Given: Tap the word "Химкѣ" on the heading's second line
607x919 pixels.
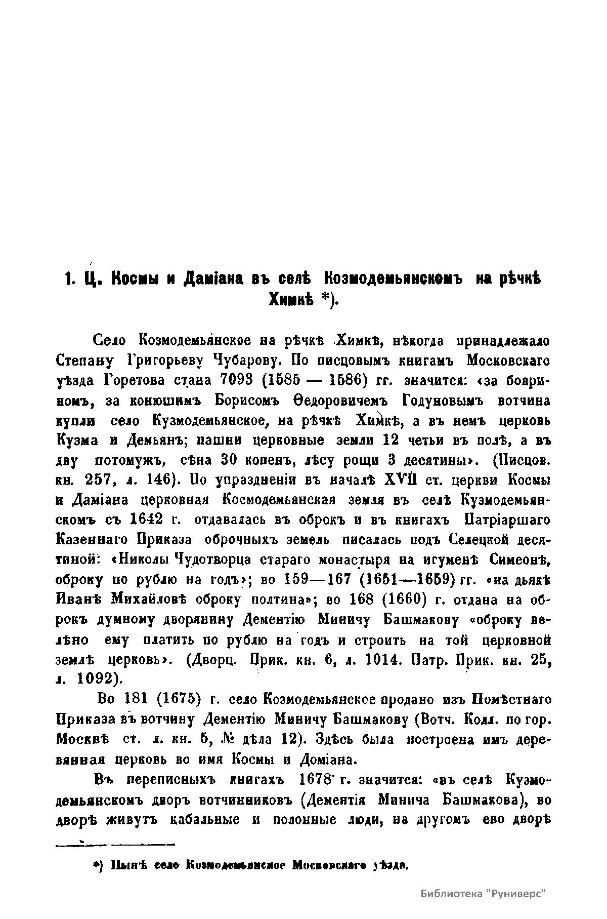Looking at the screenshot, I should pos(289,301).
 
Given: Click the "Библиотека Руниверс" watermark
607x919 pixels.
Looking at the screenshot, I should pos(485,893).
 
